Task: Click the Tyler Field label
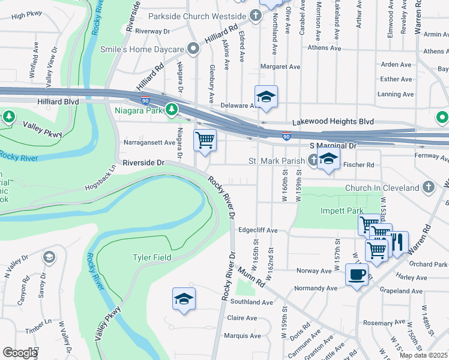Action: coord(152,257)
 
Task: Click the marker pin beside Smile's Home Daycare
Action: coord(193,48)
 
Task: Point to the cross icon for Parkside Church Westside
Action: coord(256,15)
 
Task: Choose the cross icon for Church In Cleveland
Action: coord(428,187)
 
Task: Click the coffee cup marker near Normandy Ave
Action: coord(357,275)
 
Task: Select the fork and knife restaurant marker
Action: coord(397,242)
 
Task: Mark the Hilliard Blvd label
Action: coord(58,103)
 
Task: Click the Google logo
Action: coord(20,353)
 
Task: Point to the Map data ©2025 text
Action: coord(423,355)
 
